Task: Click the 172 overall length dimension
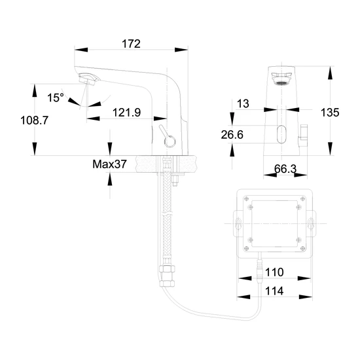coord(131,44)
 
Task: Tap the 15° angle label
coord(56,98)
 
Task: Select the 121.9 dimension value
coord(126,113)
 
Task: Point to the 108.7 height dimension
coord(35,120)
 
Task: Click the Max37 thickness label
coord(109,164)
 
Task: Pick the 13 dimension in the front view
coord(243,103)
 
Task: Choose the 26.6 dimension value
coord(232,135)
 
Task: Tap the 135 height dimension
coord(330,113)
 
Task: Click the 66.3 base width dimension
coord(285,169)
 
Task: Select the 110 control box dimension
coord(274,272)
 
